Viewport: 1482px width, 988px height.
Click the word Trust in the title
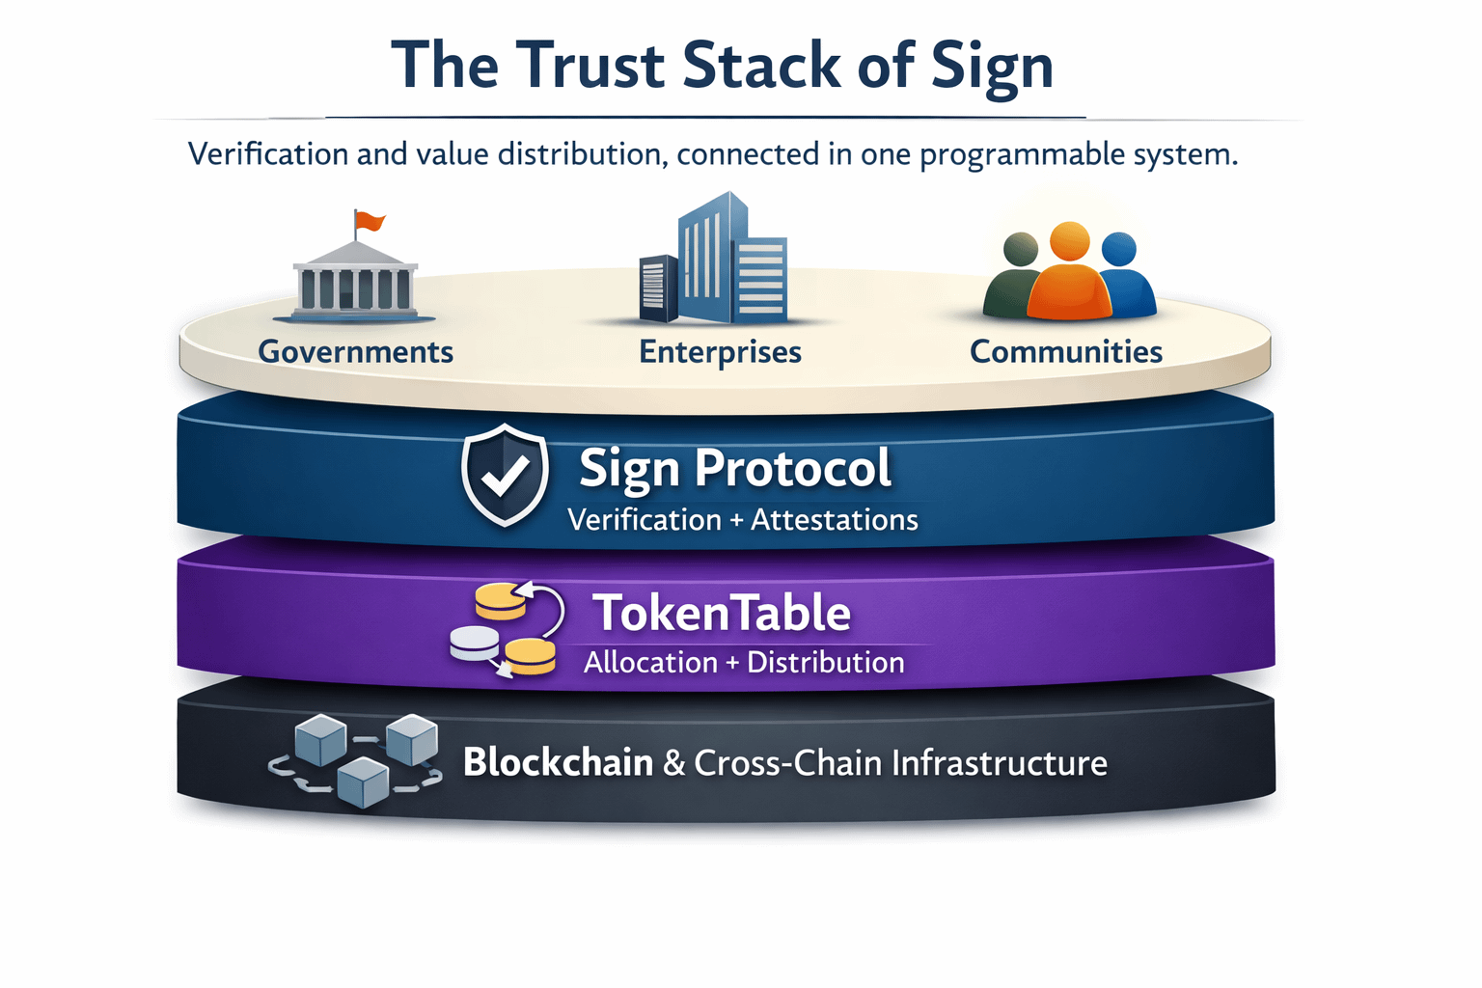click(590, 66)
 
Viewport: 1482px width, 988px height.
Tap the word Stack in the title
click(761, 66)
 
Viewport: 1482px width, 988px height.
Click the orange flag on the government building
click(369, 222)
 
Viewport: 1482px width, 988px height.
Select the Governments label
click(355, 352)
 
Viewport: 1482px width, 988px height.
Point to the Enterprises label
click(720, 352)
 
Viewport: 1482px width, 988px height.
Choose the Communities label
click(1065, 352)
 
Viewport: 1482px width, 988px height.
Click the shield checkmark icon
click(505, 474)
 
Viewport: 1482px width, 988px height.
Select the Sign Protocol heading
click(734, 469)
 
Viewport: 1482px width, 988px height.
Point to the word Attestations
click(834, 520)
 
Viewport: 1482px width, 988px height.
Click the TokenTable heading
click(722, 614)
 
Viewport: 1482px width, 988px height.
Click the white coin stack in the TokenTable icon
click(475, 643)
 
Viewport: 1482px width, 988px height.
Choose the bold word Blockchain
click(558, 762)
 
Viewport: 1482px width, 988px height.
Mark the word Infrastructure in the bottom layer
click(999, 763)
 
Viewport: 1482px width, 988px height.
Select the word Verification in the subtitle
click(268, 154)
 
